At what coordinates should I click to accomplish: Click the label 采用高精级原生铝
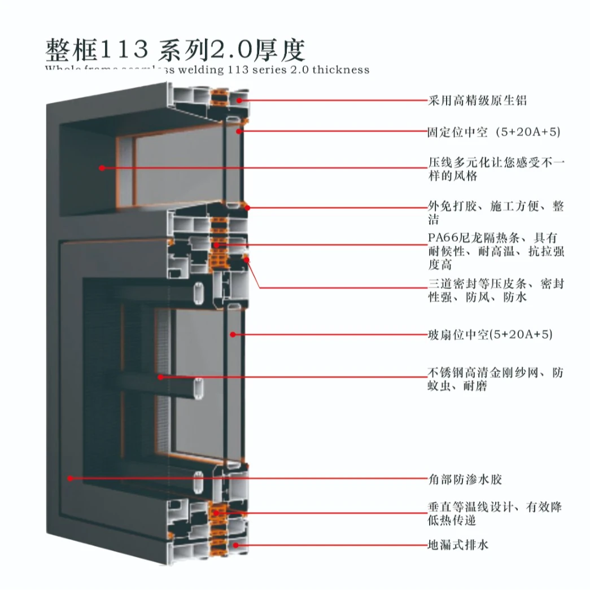477,100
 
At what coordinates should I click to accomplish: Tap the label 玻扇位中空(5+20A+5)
490,335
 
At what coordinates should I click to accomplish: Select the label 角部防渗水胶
465,479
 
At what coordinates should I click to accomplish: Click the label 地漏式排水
458,545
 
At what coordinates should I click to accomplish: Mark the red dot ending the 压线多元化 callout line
102,168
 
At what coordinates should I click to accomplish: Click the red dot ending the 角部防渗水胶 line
71,478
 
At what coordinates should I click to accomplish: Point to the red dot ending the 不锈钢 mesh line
160,377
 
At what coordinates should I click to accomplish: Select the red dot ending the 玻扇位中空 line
232,335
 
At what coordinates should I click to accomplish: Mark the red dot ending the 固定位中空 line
239,132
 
